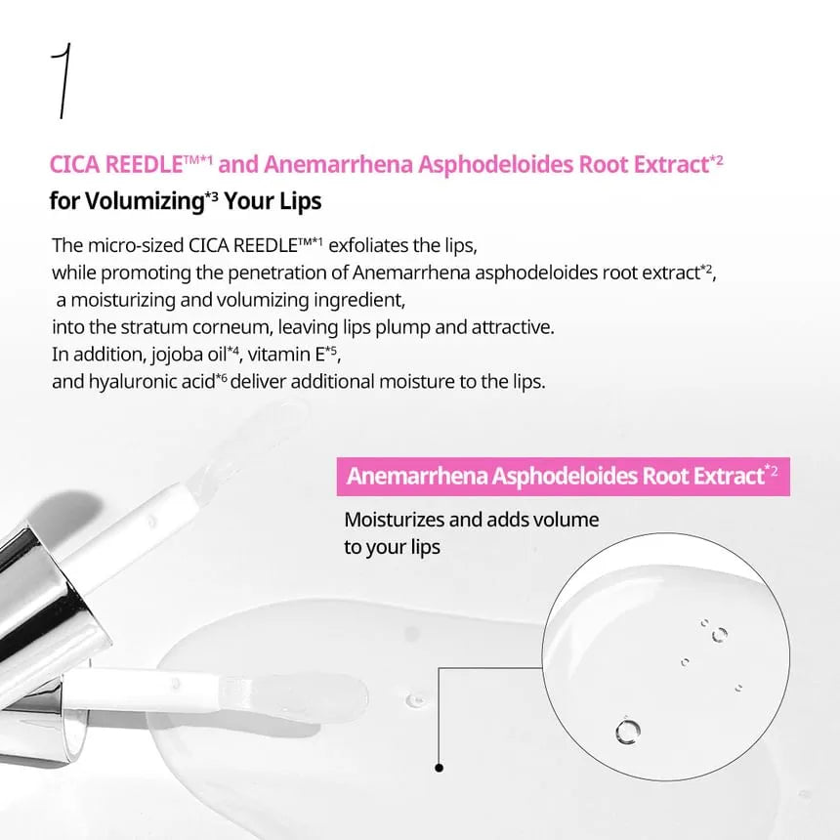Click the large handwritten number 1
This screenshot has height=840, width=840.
[x=63, y=80]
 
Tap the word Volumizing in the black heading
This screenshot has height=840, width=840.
[x=146, y=201]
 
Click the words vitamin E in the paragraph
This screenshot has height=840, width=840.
[x=286, y=355]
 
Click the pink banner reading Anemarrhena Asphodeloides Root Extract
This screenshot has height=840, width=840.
[x=563, y=477]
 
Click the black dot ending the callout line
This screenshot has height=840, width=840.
[x=440, y=768]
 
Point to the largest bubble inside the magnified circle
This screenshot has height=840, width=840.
[x=627, y=731]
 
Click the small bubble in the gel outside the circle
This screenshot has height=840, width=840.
[x=415, y=699]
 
